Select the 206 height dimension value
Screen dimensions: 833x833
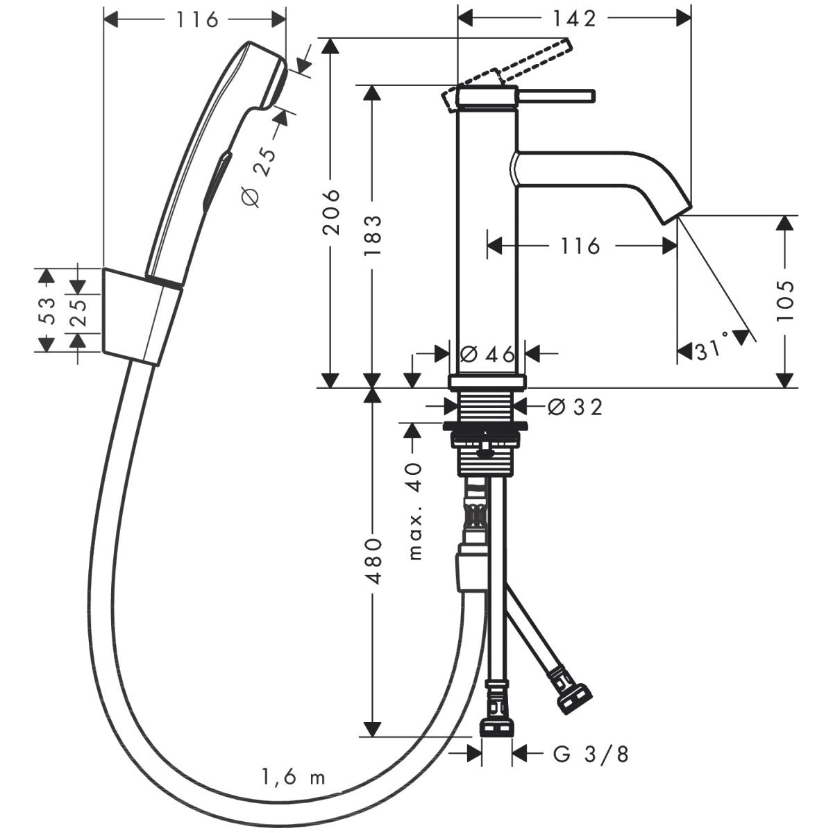(x=334, y=212)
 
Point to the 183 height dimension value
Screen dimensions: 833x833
(x=373, y=236)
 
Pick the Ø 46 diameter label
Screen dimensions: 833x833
(x=487, y=354)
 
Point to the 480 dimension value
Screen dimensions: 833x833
(x=373, y=561)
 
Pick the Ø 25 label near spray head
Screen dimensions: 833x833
(x=259, y=177)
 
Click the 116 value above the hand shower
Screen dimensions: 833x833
(x=196, y=19)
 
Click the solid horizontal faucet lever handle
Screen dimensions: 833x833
(x=555, y=96)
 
